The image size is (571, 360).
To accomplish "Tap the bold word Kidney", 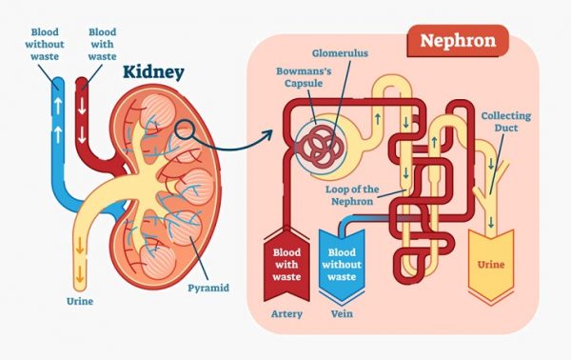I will tap(153, 73).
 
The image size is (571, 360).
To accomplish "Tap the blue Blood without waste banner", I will tap(343, 260).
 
